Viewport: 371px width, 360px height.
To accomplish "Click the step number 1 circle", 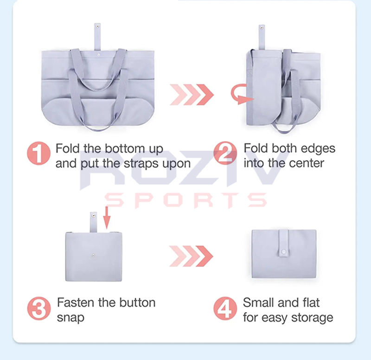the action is pyautogui.click(x=38, y=153).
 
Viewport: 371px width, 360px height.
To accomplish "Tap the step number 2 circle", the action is pyautogui.click(x=225, y=153).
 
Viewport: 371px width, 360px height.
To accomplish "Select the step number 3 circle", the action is pyautogui.click(x=39, y=309).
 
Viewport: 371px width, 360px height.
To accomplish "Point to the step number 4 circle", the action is pyautogui.click(x=225, y=309).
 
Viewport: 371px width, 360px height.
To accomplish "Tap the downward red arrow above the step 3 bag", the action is pyautogui.click(x=107, y=218).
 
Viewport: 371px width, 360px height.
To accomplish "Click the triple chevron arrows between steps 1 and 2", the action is pyautogui.click(x=192, y=95).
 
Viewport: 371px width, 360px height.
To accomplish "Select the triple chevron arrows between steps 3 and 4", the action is pyautogui.click(x=191, y=256).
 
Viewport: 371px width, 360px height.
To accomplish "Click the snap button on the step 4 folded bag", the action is pyautogui.click(x=283, y=251).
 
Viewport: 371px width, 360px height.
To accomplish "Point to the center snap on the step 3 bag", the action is pyautogui.click(x=94, y=255).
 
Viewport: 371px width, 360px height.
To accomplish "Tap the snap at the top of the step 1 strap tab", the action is pyautogui.click(x=97, y=26).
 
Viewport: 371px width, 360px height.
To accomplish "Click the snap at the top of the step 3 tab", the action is pyautogui.click(x=94, y=216).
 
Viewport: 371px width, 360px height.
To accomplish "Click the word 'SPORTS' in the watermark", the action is pyautogui.click(x=186, y=200).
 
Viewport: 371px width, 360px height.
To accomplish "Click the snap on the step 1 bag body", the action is pyautogui.click(x=99, y=55).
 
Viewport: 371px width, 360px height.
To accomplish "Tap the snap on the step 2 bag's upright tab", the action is pyautogui.click(x=262, y=28).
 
